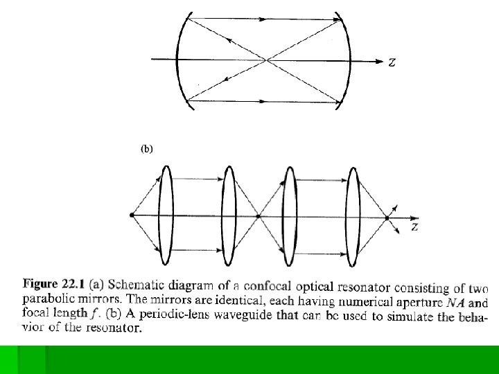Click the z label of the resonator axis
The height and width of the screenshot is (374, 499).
coord(392,62)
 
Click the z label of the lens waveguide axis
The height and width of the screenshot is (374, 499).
coord(414,226)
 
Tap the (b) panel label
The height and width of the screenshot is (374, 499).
coord(146,148)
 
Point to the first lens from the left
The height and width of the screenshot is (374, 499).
coord(165,215)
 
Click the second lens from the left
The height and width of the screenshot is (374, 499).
coord(229,215)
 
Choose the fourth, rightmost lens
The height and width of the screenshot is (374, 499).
coord(353,215)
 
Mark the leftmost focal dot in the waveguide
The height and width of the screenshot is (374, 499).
coord(132,216)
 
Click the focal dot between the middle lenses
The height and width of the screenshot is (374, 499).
coord(258,216)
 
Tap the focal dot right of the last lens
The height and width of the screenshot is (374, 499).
coord(387,217)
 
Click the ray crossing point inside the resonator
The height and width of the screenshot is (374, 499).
coord(267,60)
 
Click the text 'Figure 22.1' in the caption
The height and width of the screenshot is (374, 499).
coord(52,284)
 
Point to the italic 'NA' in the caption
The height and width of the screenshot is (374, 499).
coord(457,302)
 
